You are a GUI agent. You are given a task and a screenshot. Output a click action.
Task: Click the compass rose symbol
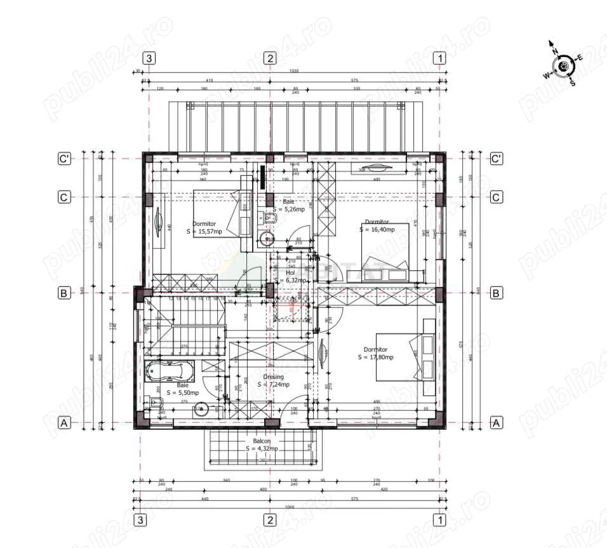563,65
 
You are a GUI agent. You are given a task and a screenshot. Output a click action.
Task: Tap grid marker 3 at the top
149,58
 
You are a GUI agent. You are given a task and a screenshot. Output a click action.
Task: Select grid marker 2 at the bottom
270,520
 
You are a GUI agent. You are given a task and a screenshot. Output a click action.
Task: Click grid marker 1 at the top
439,58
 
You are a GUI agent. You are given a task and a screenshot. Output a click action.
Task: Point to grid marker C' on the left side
63,159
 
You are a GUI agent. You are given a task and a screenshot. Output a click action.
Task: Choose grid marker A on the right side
497,422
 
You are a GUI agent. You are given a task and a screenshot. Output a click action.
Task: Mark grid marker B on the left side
63,293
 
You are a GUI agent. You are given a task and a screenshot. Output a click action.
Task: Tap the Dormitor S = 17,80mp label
375,353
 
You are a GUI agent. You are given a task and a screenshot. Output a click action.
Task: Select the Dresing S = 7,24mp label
274,380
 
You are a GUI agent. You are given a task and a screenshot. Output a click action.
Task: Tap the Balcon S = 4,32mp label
262,444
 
